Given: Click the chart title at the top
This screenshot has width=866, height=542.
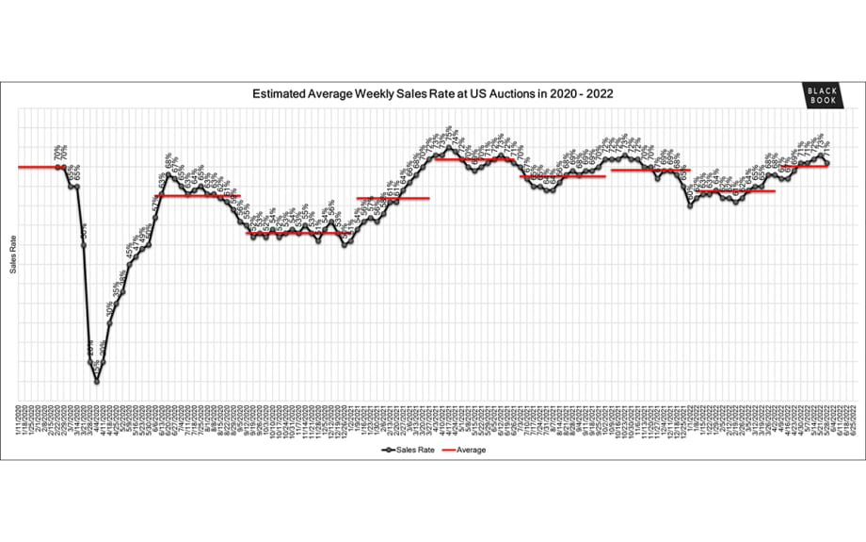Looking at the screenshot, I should pyautogui.click(x=433, y=94).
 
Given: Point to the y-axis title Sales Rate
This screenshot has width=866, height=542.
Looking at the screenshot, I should pyautogui.click(x=13, y=255).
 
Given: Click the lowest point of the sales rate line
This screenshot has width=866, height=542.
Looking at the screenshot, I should pyautogui.click(x=96, y=381).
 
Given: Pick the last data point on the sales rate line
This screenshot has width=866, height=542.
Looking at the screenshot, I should pyautogui.click(x=828, y=164).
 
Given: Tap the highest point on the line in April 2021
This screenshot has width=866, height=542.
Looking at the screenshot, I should pyautogui.click(x=448, y=147).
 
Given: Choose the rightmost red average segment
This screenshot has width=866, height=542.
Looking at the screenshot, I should pyautogui.click(x=798, y=166).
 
